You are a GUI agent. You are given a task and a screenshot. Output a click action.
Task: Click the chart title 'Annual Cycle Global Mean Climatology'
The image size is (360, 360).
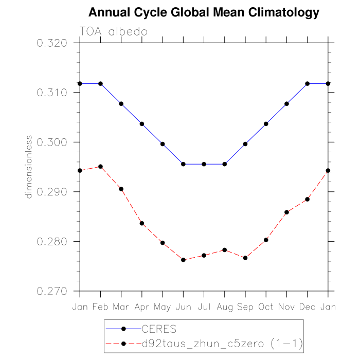pos(204,12)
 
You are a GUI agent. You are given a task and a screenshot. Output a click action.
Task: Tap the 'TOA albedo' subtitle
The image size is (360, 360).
pos(114,31)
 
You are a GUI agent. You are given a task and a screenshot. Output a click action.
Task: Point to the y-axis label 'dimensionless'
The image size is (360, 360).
pos(29,167)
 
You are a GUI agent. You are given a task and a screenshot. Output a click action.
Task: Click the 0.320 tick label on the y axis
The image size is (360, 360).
pos(52,43)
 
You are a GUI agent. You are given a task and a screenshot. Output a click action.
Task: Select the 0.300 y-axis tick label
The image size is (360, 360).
pos(52,142)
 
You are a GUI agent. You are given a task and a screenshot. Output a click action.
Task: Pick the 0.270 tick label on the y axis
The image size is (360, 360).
pos(52,291)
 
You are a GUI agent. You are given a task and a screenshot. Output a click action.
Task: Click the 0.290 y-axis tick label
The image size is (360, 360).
pos(52,192)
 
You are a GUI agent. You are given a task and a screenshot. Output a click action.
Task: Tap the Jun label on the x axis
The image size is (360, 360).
pos(183,307)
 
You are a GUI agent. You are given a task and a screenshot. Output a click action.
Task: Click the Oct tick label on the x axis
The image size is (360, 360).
pos(266,307)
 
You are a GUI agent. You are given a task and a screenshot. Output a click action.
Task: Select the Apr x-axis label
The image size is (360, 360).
pos(142,307)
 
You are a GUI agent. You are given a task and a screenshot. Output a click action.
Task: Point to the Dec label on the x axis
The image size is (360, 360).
pos(308,307)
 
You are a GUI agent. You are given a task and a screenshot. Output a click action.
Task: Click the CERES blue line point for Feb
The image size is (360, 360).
pos(100,83)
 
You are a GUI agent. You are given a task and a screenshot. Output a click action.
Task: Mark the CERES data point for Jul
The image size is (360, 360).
pos(204,164)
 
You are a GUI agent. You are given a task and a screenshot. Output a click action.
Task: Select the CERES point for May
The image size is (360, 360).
pos(163,144)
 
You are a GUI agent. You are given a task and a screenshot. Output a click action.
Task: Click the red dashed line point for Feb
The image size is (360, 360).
pos(100,167)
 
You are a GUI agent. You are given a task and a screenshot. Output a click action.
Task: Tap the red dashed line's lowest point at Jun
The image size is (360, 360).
pos(183,260)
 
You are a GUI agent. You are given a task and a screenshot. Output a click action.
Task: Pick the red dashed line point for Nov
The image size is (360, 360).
pos(287,212)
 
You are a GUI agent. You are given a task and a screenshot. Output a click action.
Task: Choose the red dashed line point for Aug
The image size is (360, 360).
pos(225,250)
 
